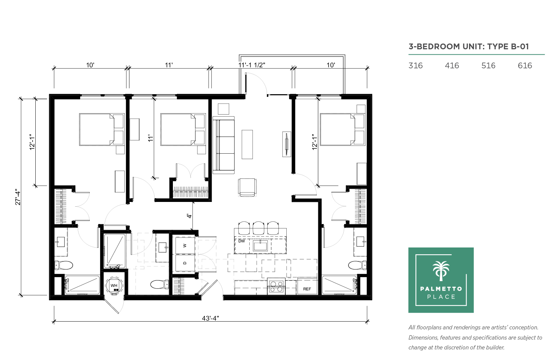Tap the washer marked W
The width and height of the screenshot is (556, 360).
click(x=185, y=245)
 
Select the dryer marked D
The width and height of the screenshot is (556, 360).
click(x=185, y=263)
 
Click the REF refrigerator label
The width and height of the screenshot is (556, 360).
click(x=307, y=289)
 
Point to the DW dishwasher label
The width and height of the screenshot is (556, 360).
click(x=241, y=241)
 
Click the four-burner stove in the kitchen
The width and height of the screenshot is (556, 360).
click(x=276, y=286)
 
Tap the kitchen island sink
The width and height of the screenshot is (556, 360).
click(x=261, y=246)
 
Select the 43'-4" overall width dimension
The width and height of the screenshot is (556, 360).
click(x=210, y=318)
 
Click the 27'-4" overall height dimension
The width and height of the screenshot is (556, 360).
click(x=18, y=197)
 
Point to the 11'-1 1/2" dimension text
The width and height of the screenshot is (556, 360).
click(x=252, y=65)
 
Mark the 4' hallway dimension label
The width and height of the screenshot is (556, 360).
click(x=190, y=216)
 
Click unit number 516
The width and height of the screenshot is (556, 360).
click(x=488, y=66)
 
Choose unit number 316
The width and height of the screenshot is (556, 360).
click(x=415, y=66)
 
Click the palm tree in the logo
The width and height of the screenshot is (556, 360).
click(x=441, y=271)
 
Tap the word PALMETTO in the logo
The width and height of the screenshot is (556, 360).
click(x=441, y=289)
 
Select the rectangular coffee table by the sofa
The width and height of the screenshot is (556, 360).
click(x=247, y=144)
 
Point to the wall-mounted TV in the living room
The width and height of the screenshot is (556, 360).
click(x=287, y=144)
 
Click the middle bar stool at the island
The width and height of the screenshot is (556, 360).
click(x=258, y=228)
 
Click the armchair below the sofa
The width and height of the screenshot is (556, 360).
click(x=247, y=187)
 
